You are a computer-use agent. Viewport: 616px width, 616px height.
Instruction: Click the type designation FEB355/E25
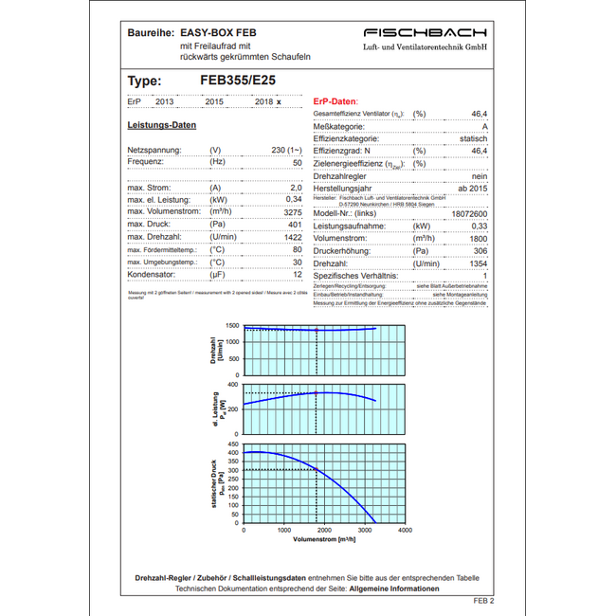(238, 82)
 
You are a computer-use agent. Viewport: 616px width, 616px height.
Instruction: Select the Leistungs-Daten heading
(161, 125)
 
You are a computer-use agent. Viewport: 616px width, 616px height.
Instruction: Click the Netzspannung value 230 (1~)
(286, 151)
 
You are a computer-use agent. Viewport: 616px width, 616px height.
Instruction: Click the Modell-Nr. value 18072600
(469, 214)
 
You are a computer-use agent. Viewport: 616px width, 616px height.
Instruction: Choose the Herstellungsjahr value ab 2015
(472, 189)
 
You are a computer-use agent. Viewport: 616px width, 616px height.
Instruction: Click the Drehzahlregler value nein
(480, 176)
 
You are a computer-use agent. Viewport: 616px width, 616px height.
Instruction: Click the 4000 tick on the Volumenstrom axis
(405, 531)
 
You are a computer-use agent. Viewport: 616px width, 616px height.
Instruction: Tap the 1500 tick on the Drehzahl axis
(232, 326)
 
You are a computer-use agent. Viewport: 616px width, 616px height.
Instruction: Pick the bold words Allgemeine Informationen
(394, 589)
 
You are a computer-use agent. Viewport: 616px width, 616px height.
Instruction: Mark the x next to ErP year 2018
(279, 101)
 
